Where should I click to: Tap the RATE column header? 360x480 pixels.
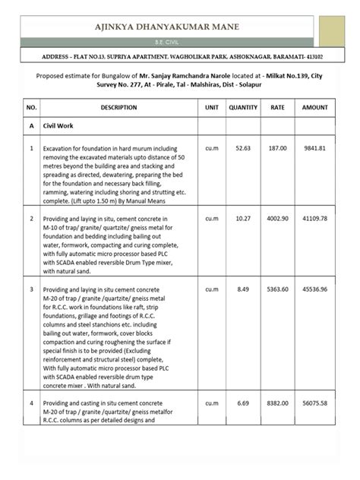coord(278,109)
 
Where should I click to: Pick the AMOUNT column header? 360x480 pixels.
coord(315,109)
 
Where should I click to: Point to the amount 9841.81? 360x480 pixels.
coord(315,149)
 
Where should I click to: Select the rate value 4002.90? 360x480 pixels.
coord(278,219)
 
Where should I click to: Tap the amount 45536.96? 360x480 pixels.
coord(315,289)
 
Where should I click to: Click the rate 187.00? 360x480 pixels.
coord(278,149)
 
